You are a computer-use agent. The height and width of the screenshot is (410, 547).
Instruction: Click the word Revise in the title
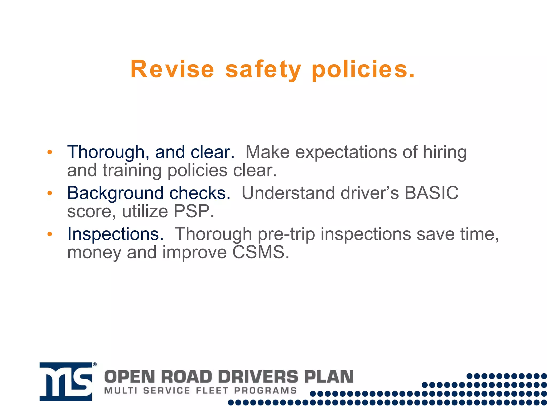pos(172,69)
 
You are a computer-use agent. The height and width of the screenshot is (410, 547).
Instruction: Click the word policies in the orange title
pos(363,69)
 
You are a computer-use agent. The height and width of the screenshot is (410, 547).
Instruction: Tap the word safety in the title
pos(263,69)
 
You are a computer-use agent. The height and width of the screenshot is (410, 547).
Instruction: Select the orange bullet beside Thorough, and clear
pos(50,152)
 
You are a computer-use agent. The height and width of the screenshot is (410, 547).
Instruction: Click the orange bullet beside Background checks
pos(50,193)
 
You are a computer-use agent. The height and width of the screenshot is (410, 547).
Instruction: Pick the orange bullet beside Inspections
pos(50,234)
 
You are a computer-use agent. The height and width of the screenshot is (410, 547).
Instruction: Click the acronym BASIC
pos(431,193)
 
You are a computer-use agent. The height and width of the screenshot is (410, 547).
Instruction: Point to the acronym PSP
pos(193,211)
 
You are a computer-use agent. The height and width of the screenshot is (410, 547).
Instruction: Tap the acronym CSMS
pos(260,252)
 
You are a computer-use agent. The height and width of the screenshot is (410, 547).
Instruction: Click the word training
pos(132,171)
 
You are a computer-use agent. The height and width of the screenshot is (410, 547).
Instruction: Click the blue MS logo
pos(66,382)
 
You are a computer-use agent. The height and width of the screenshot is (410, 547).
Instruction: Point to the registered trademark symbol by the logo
pos(95,364)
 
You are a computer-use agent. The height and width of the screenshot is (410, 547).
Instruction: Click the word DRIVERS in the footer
pos(258,377)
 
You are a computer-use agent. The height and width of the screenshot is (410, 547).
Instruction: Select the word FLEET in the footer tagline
pos(212,391)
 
